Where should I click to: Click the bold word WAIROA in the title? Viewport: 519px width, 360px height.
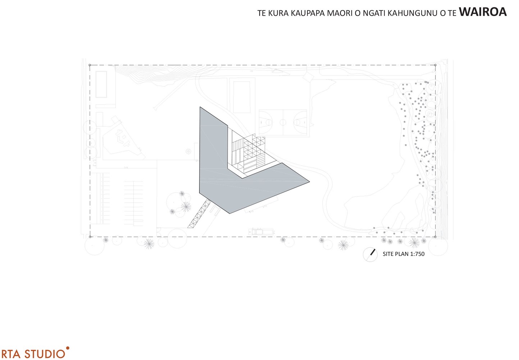point(483,12)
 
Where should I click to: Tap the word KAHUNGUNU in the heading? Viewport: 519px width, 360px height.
point(413,13)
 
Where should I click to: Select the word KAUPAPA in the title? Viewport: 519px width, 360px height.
point(308,13)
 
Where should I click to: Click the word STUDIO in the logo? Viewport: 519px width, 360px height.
point(45,354)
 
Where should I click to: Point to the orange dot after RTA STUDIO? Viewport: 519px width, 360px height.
point(68,348)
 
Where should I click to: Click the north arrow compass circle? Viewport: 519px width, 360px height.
point(370,255)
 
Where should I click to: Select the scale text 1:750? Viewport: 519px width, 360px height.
point(417,254)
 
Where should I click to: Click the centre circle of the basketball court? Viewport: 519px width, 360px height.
point(283,122)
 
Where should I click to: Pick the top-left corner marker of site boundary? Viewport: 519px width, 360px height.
point(90,65)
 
